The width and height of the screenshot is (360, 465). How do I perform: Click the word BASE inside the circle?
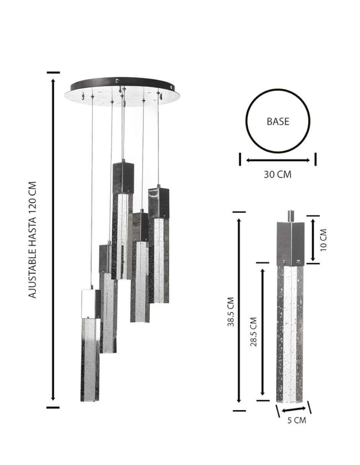(278, 121)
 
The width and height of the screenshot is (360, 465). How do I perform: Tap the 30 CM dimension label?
(277, 175)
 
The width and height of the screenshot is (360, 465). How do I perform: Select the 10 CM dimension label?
(324, 240)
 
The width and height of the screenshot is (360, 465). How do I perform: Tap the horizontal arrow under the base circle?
(278, 160)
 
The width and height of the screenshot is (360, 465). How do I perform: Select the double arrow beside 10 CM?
(313, 240)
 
